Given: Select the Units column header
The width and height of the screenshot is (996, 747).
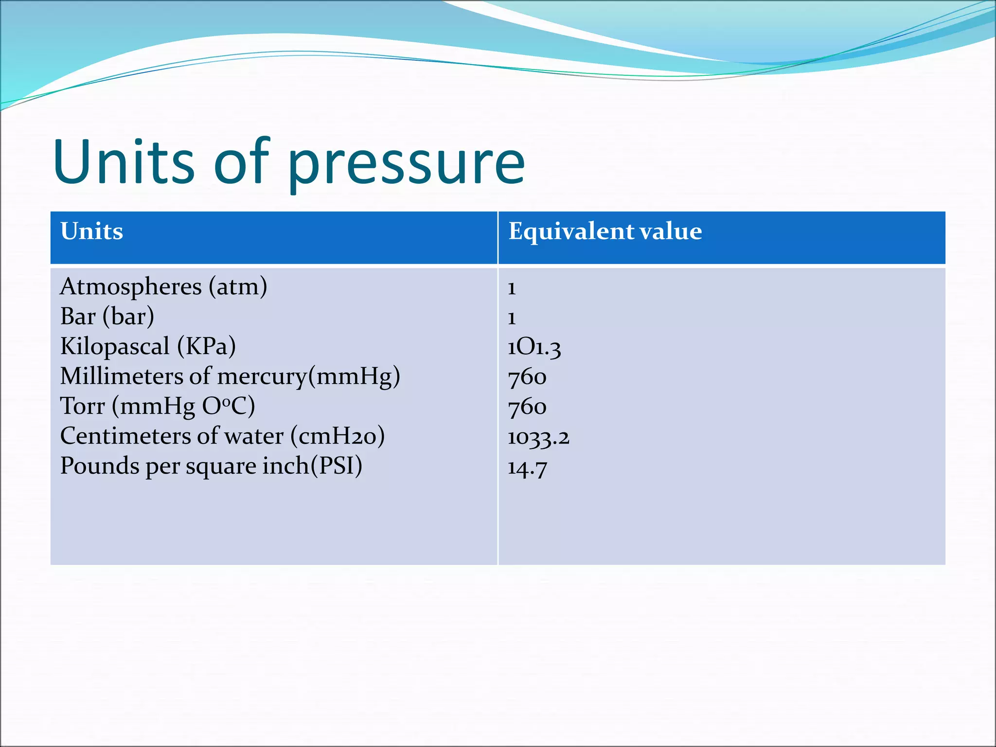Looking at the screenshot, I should (91, 231).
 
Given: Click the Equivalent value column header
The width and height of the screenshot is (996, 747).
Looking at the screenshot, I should (605, 231).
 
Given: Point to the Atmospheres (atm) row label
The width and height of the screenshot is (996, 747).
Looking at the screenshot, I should (163, 286).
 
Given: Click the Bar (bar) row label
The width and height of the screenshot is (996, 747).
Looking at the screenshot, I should (107, 317).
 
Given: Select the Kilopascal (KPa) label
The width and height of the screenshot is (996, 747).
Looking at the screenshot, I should (148, 347).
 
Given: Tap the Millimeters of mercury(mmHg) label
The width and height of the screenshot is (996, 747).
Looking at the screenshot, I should (230, 376).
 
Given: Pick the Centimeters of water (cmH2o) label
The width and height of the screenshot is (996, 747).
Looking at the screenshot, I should (222, 436).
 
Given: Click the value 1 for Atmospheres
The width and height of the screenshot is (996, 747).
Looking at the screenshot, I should (512, 288).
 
